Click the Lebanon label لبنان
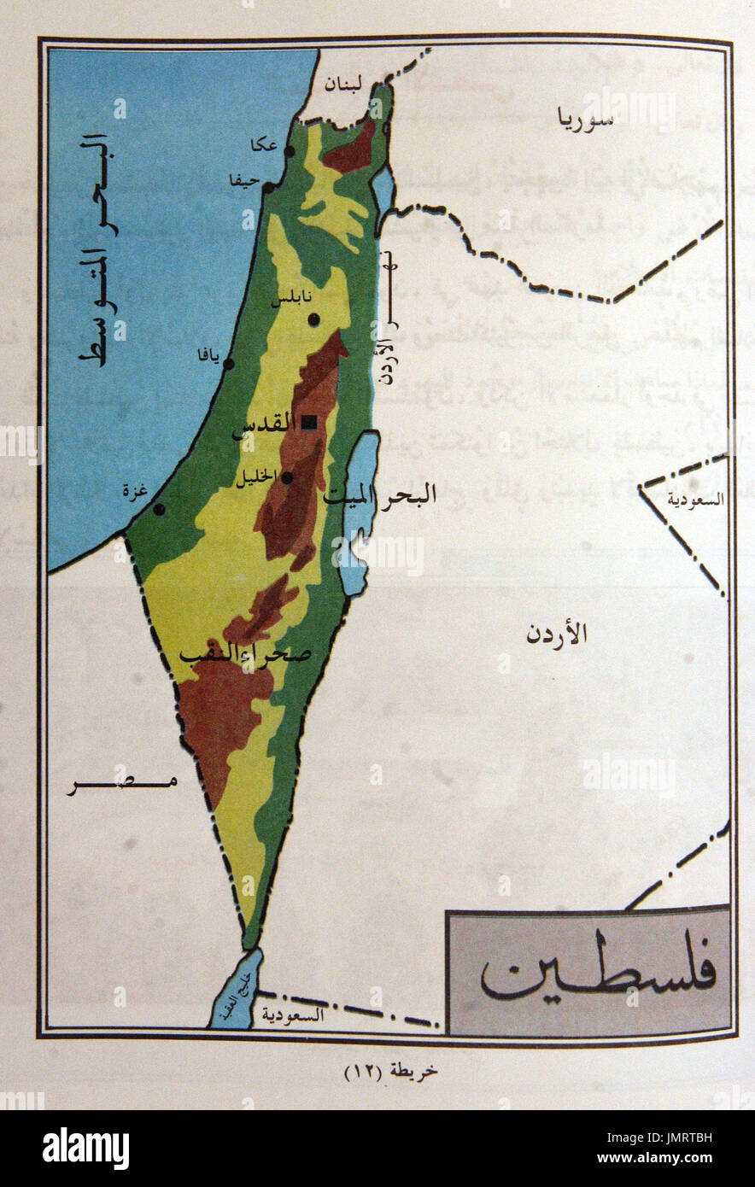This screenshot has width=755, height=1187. (347, 85)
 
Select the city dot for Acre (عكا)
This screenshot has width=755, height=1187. (290, 151)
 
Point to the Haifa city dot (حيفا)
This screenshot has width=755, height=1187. (267, 187)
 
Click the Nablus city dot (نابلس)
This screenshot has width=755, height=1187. (314, 319)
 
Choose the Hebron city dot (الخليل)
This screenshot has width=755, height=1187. (287, 478)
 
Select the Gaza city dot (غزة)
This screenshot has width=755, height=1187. (159, 510)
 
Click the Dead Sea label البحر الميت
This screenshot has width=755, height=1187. (381, 494)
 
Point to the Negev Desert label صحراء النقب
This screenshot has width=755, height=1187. (245, 652)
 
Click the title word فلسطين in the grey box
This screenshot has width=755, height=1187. (598, 974)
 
